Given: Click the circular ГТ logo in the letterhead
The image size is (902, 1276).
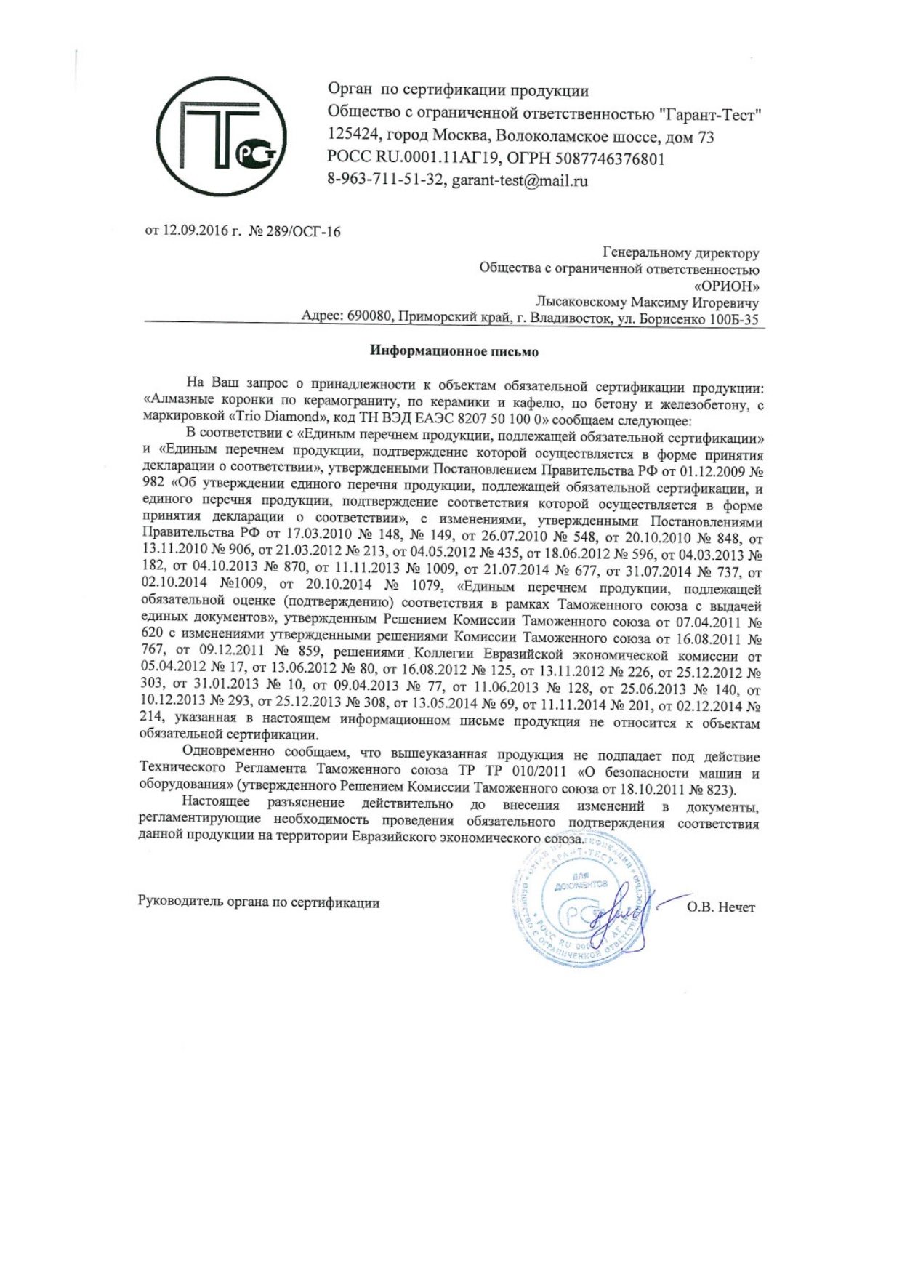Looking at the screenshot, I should point(221,136).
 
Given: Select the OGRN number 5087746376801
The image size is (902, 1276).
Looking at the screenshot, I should point(610,159).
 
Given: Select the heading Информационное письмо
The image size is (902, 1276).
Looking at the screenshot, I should point(454,352).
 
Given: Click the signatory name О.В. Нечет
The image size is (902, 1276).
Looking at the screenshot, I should point(720,907).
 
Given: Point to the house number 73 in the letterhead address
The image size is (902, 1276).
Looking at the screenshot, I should point(706,137).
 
